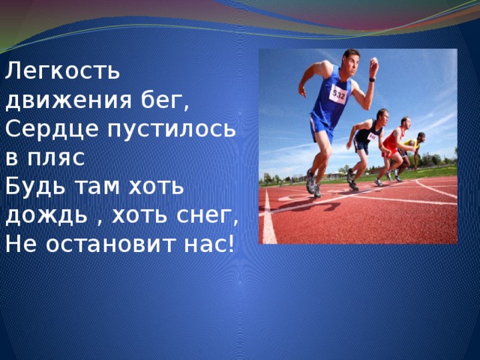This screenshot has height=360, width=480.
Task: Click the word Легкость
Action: coord(62,71)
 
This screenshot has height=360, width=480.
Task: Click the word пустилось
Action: coord(171,128)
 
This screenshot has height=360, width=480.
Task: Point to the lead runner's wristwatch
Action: coord(371,78)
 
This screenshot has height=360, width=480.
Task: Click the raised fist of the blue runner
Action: coord(373,65)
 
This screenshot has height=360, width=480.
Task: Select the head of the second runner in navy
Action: coord(382,115)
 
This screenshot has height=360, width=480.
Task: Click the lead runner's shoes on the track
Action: coord(311,183)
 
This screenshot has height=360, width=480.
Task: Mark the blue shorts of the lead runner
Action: coord(322,127)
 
